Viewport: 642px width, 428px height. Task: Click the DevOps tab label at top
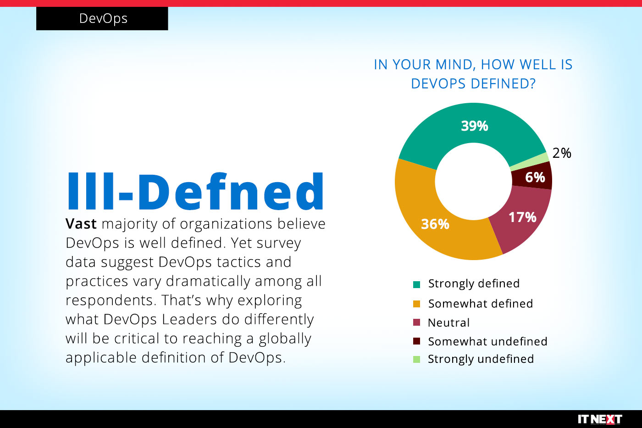(x=103, y=18)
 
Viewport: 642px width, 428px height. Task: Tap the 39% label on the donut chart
(x=475, y=126)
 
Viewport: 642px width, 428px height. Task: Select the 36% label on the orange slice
(x=435, y=224)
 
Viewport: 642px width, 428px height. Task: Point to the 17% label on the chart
(x=522, y=217)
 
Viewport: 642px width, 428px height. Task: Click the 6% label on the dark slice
(x=535, y=178)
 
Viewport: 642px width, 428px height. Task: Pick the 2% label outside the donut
(x=562, y=153)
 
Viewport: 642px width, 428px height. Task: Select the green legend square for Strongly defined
(x=416, y=284)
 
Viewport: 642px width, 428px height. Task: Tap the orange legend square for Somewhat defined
(x=416, y=304)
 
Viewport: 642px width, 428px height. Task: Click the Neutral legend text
(x=448, y=323)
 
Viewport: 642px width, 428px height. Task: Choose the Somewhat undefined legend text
(x=487, y=342)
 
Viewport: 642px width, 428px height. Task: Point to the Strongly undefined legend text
(x=481, y=359)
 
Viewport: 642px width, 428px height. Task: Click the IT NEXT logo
(x=599, y=419)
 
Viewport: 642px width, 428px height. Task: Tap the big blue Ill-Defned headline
(x=196, y=192)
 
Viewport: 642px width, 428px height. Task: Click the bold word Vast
(x=81, y=224)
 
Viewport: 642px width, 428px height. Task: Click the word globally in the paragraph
(x=285, y=339)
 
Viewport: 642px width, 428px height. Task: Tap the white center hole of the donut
(x=473, y=181)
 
